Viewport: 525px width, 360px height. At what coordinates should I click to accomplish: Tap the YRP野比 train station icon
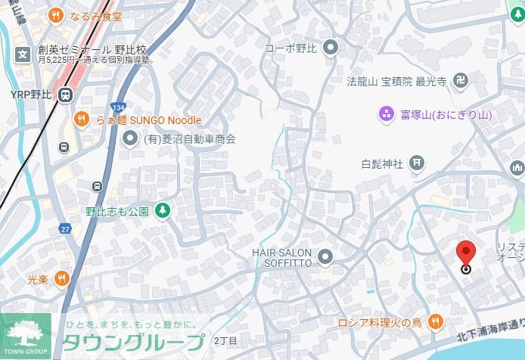point(66,95)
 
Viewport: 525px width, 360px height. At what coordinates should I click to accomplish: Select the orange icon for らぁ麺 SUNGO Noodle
point(82,119)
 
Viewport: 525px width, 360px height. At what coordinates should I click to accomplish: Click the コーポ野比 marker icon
point(329,48)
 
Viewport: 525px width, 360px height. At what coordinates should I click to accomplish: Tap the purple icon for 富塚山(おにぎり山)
point(386,115)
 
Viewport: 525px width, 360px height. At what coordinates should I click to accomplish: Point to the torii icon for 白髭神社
point(415,163)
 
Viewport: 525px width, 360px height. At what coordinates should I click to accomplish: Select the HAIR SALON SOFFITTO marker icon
point(325,256)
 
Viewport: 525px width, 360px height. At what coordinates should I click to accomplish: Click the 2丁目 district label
point(225,341)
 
